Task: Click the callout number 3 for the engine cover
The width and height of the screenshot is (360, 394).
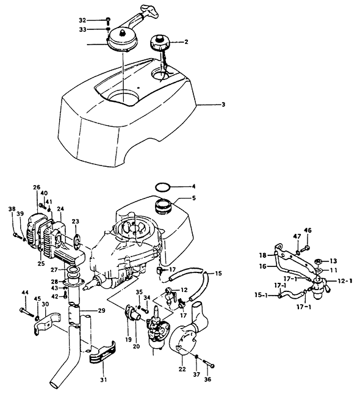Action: click(223, 104)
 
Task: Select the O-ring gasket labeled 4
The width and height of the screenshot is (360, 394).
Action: click(163, 187)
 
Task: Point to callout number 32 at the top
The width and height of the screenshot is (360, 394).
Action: click(82, 20)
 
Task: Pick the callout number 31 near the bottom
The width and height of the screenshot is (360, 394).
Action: click(104, 379)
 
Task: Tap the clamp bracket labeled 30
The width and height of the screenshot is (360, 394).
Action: click(47, 323)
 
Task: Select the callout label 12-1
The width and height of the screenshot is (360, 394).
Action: click(344, 281)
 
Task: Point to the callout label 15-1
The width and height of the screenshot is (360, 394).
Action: click(262, 295)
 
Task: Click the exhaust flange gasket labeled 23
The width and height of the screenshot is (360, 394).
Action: click(77, 239)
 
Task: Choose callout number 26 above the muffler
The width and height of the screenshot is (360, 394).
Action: click(37, 188)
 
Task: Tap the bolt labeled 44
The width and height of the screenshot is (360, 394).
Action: click(27, 312)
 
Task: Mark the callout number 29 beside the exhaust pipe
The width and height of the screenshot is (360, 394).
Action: click(101, 311)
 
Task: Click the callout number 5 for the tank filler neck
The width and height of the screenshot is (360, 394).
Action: click(193, 199)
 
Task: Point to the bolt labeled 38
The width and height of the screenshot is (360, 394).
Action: click(17, 235)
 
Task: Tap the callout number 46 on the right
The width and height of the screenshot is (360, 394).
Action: click(308, 230)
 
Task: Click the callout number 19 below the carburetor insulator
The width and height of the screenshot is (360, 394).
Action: click(129, 340)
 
